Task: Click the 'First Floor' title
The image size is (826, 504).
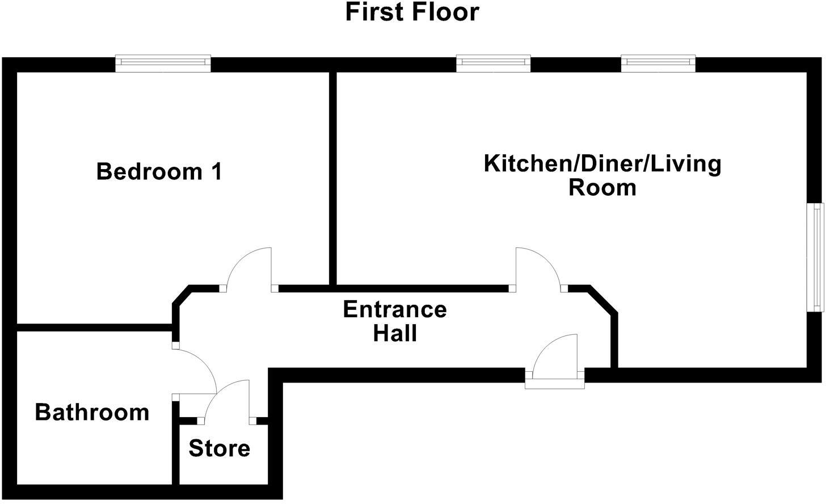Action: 412,12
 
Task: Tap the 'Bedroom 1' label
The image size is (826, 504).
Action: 159,171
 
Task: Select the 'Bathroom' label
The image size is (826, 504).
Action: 92,413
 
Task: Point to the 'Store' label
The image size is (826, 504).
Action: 220,448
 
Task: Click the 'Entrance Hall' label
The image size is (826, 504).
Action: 395,321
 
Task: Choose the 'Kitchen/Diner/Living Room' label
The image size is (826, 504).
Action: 602,175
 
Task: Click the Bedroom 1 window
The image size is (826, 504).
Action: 163,64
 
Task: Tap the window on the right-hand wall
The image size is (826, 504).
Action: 817,257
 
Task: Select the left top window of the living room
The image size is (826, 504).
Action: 494,64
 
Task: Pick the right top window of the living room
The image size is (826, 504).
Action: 658,64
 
